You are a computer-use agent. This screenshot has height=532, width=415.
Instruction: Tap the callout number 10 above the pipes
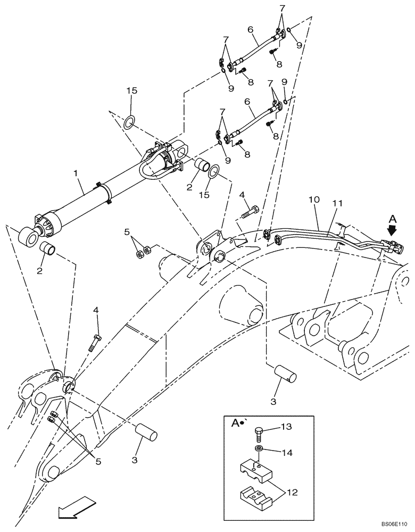click(x=314, y=199)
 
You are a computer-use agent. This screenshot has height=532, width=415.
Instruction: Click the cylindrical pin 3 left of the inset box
click(x=146, y=431)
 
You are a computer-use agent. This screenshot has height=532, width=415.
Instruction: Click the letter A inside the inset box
click(x=235, y=424)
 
